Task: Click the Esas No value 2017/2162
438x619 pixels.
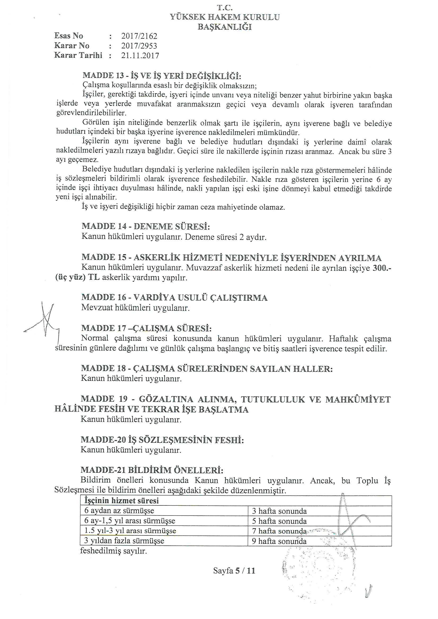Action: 139,36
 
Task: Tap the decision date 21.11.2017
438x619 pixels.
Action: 140,56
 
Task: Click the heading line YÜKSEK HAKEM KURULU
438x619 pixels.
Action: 224,17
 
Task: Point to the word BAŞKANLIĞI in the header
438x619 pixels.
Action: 224,27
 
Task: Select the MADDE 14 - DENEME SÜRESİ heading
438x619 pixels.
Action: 146,226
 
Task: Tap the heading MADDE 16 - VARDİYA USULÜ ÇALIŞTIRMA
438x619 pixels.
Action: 174,298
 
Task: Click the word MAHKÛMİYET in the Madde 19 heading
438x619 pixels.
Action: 358,399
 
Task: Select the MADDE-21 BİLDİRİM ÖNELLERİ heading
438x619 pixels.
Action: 152,470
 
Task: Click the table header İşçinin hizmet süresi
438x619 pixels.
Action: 121,501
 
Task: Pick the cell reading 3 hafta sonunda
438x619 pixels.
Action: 279,511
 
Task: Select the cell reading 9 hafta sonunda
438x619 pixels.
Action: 279,541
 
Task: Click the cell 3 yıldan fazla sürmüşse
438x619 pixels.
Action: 124,541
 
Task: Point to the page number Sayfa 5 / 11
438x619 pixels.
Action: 234,571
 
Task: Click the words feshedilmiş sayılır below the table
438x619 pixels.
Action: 113,551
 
